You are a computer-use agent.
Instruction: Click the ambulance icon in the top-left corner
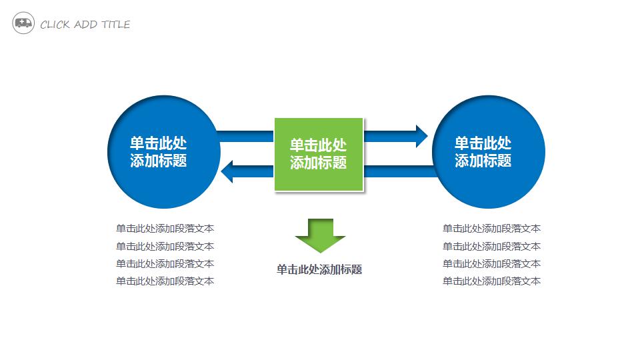(23, 24)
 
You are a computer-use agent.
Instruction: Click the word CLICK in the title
(55, 25)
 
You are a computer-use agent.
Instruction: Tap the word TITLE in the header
(115, 25)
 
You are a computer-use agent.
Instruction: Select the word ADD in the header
(86, 25)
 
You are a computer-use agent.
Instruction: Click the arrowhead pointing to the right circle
(420, 136)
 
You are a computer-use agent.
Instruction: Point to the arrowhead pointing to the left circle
(228, 171)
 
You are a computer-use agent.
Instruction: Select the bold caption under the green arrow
(319, 270)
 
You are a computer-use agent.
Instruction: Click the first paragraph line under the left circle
(165, 229)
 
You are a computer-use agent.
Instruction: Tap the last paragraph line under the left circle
(165, 281)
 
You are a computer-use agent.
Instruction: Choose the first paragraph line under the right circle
(492, 229)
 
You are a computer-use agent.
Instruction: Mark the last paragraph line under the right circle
(492, 281)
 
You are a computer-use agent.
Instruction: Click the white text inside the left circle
(159, 152)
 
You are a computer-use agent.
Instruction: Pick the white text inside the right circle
(483, 152)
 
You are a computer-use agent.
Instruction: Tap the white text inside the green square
(319, 154)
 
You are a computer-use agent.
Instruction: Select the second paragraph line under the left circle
(165, 247)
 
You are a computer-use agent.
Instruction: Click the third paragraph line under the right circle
(492, 264)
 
